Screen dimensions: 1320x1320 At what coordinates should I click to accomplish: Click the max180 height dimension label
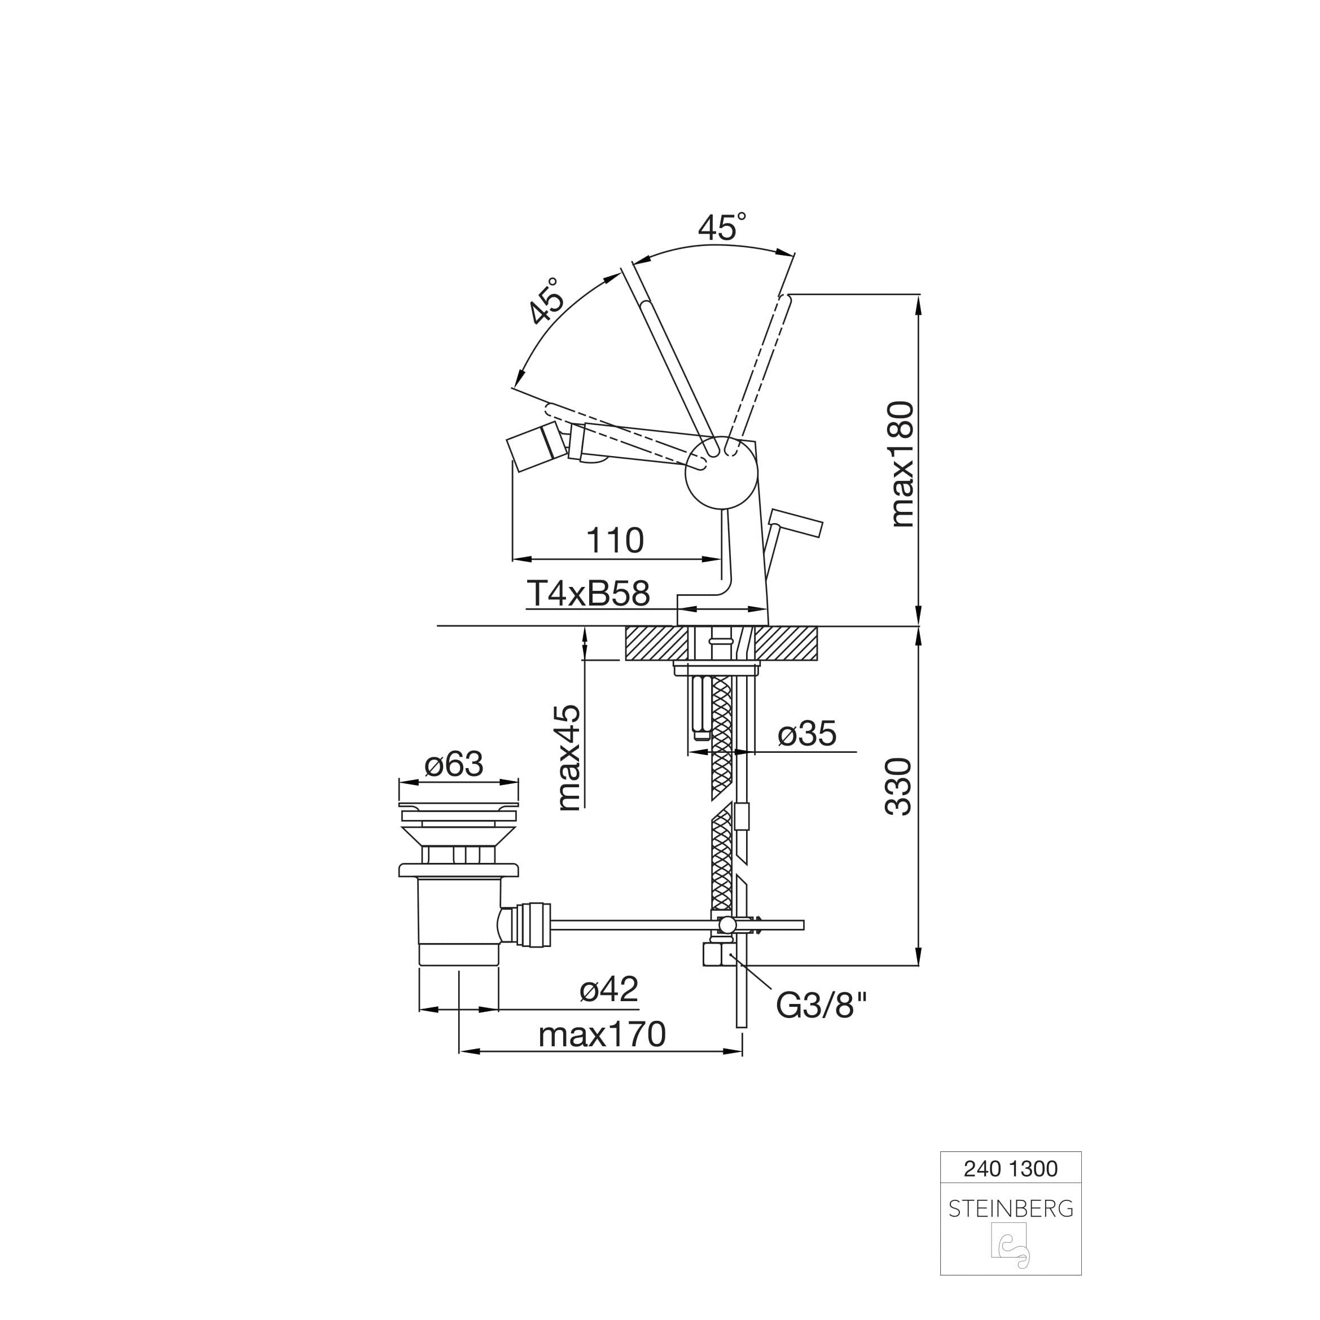[x=902, y=464]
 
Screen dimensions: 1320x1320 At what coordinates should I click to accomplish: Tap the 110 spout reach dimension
[x=615, y=541]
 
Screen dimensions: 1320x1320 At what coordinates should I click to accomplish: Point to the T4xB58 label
[x=588, y=594]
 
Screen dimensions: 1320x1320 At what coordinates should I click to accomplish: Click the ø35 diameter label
[x=807, y=734]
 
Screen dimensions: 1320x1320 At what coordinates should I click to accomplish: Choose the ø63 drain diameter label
[x=454, y=764]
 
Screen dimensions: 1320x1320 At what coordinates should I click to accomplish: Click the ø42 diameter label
[x=609, y=989]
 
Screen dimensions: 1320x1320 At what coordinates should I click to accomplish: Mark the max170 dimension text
[x=602, y=1035]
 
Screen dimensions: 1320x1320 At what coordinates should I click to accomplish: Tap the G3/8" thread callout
[x=822, y=1005]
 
